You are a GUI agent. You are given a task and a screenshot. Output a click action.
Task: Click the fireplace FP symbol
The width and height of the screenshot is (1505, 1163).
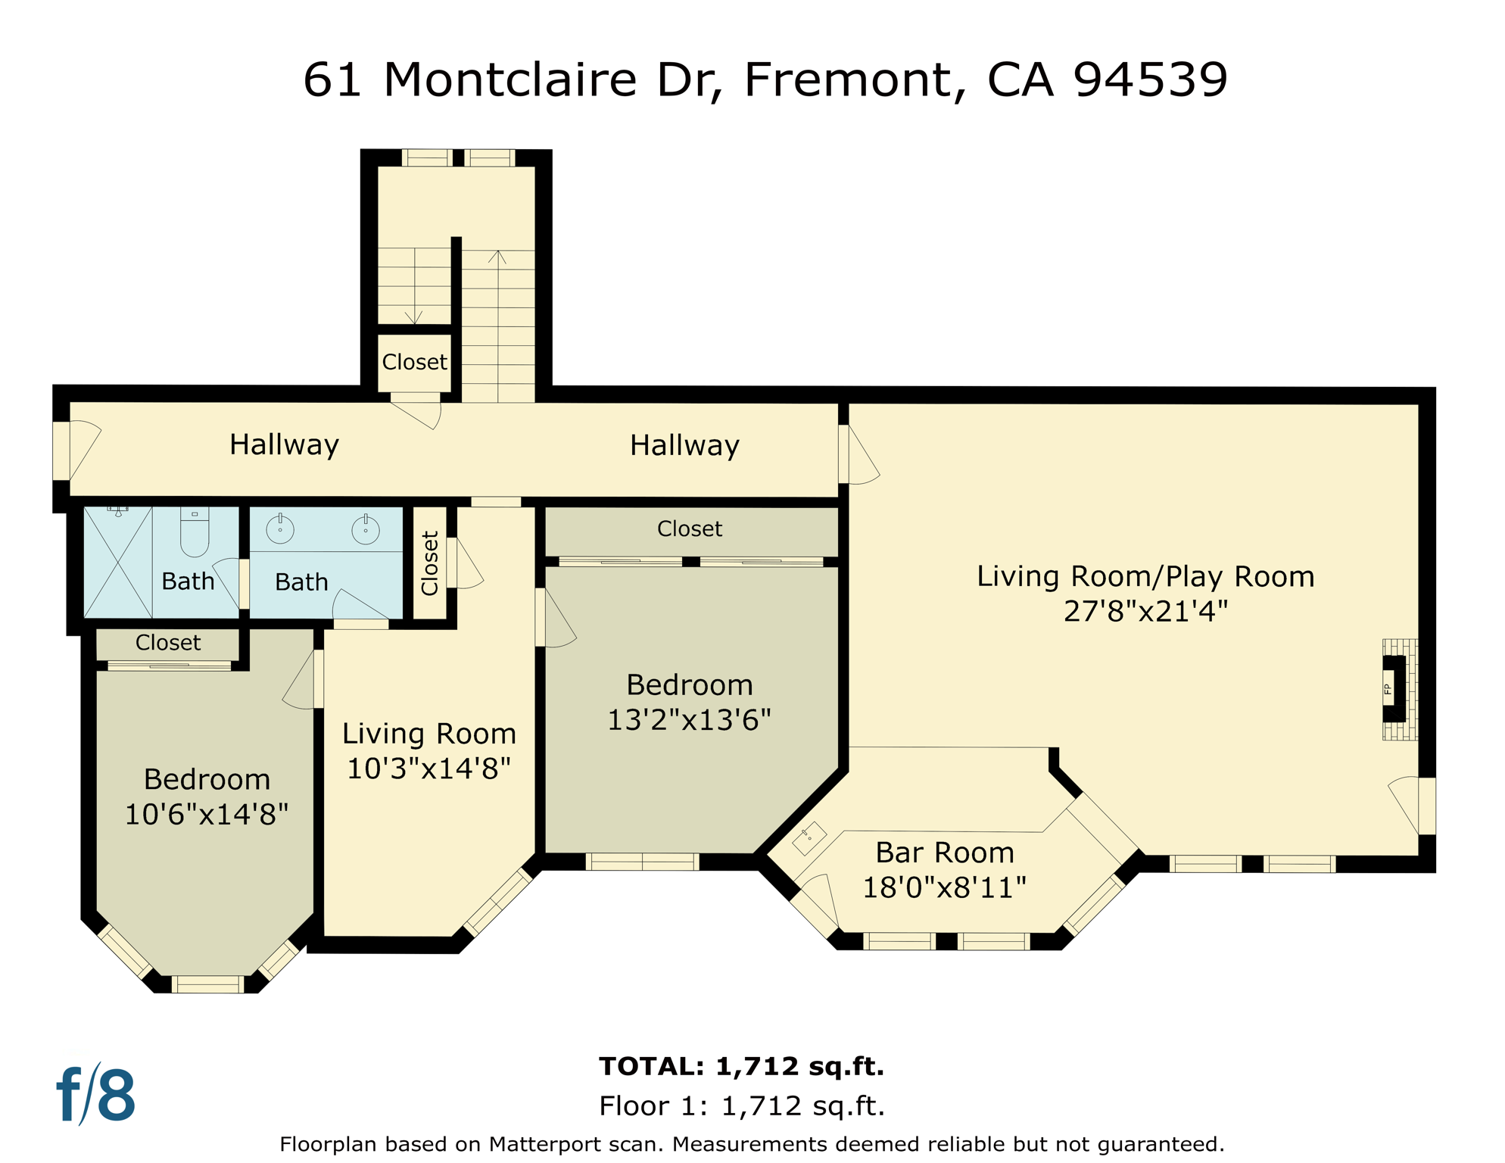tap(1394, 688)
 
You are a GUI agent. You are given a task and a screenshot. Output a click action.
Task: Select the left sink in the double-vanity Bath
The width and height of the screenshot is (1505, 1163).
tap(280, 529)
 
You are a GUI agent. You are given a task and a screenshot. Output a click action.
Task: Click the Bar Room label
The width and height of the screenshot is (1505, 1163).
tap(944, 853)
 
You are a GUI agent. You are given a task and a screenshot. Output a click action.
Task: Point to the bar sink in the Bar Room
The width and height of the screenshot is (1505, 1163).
tap(809, 837)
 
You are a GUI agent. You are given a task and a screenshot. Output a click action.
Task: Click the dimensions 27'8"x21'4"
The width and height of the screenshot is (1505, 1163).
tap(1145, 611)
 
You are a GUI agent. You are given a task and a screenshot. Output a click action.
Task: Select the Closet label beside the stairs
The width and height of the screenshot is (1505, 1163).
tap(414, 362)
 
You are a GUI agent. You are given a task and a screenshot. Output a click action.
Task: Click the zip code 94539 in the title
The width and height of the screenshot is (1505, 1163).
tap(1150, 79)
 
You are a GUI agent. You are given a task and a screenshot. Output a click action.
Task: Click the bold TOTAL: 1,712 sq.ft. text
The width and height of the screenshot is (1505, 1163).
tap(741, 1066)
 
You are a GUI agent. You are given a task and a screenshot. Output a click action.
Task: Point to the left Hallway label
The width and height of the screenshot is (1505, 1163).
tap(284, 444)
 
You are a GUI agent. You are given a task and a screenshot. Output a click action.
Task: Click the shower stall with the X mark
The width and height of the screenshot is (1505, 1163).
tap(118, 563)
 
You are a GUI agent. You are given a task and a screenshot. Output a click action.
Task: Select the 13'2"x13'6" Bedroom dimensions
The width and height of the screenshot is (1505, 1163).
tap(689, 720)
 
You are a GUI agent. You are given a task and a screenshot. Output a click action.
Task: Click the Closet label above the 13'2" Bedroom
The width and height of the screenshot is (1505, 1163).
tap(689, 528)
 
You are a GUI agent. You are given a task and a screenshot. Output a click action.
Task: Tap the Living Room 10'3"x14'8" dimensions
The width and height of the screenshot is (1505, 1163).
tap(428, 769)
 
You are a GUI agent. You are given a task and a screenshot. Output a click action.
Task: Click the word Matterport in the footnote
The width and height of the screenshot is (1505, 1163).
tap(544, 1144)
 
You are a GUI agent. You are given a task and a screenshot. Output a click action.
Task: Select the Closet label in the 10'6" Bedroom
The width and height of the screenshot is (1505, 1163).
tap(168, 643)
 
